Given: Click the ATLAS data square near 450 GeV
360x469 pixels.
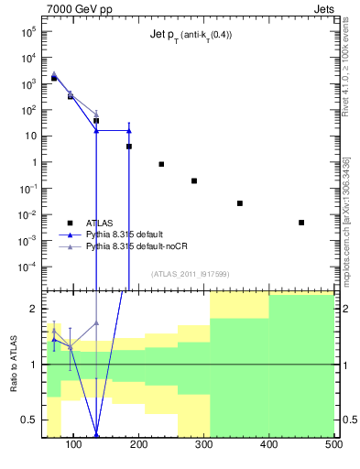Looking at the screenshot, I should (x=301, y=223).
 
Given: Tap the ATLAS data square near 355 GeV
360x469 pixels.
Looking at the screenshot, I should (x=240, y=203).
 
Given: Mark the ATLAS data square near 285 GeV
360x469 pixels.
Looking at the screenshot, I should (x=194, y=181).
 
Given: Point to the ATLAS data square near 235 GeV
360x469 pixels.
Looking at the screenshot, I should (x=161, y=164).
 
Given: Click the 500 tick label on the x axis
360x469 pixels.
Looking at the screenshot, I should (x=333, y=446).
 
